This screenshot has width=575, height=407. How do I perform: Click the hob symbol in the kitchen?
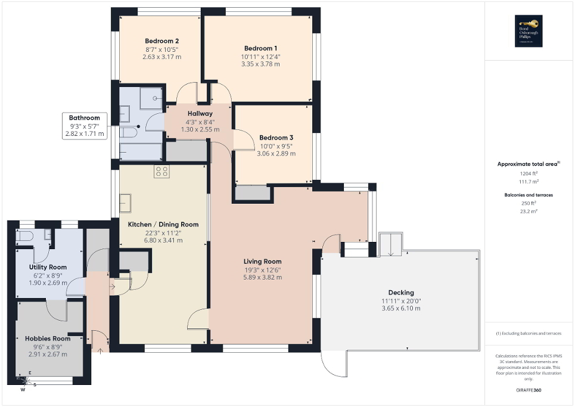pyautogui.click(x=161, y=172)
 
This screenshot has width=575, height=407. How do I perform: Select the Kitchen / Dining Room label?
pyautogui.click(x=163, y=225)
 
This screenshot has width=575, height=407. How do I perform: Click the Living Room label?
pyautogui.click(x=262, y=262)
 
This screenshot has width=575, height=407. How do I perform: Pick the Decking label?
pyautogui.click(x=400, y=293)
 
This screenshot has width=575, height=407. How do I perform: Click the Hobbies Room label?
pyautogui.click(x=48, y=338)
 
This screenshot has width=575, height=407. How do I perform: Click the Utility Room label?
pyautogui.click(x=48, y=267)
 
